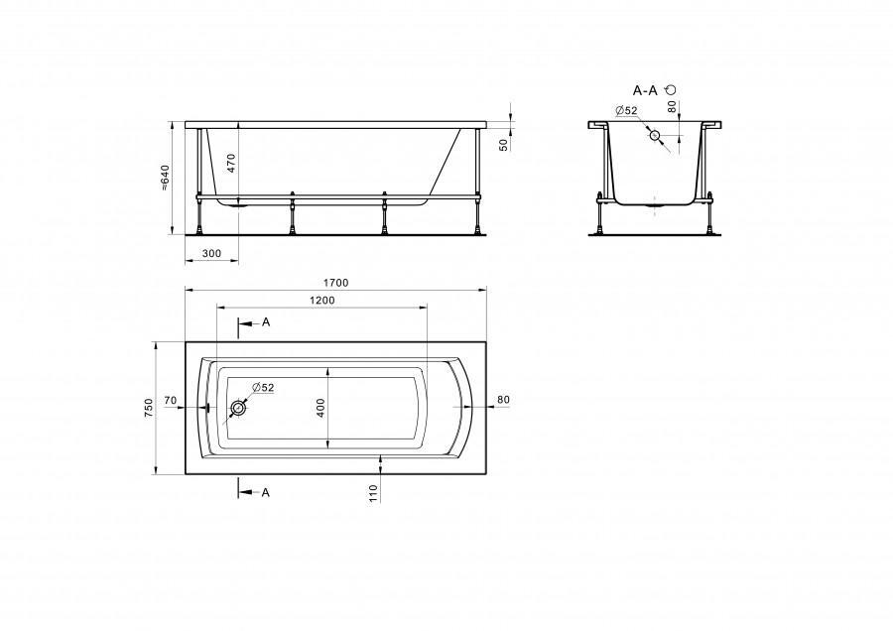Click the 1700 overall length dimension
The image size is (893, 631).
pyautogui.click(x=335, y=283)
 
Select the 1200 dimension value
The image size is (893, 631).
pyautogui.click(x=321, y=301)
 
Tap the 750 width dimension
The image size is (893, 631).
pyautogui.click(x=149, y=408)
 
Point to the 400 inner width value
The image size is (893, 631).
pyautogui.click(x=320, y=408)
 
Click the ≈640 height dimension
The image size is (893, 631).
pyautogui.click(x=165, y=178)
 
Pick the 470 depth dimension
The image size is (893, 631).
pyautogui.click(x=231, y=164)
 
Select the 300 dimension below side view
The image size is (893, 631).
pyautogui.click(x=211, y=253)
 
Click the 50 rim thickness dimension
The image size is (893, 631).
pyautogui.click(x=503, y=145)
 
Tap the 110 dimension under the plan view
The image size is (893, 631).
pyautogui.click(x=374, y=493)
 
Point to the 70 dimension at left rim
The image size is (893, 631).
pyautogui.click(x=170, y=401)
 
